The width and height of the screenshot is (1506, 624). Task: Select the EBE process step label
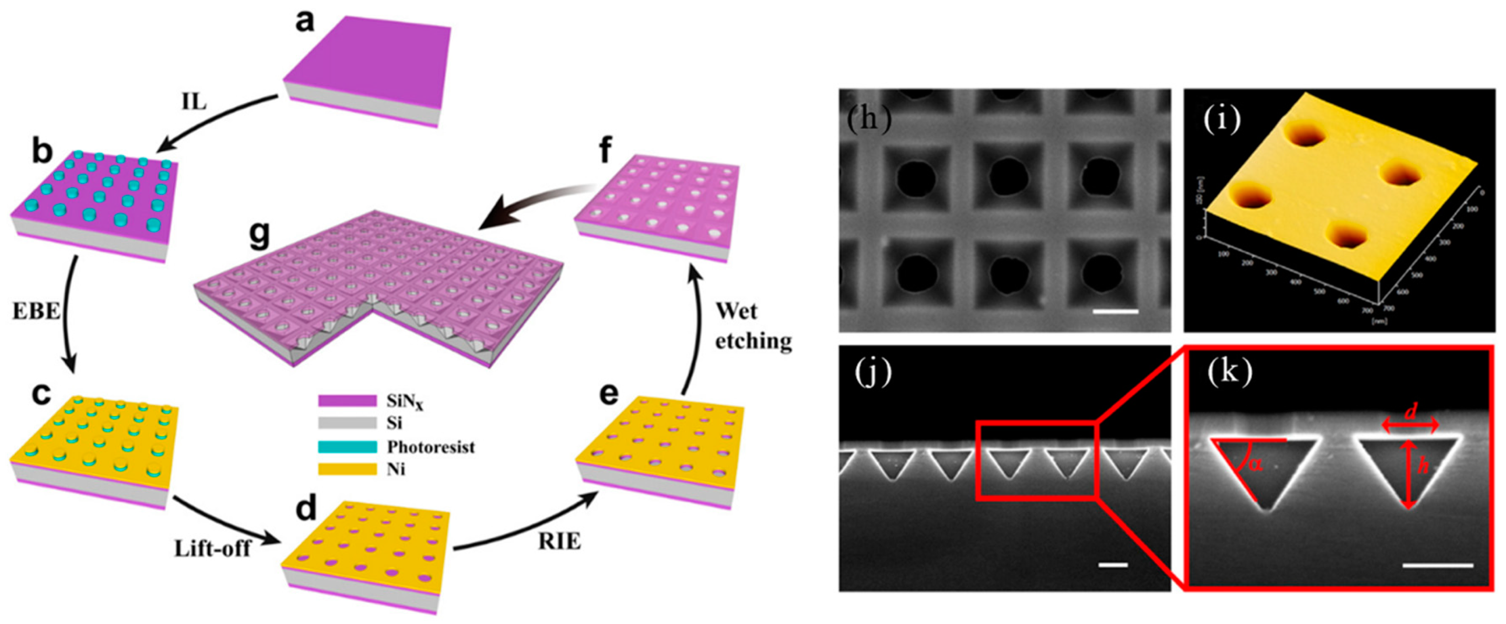click(36, 311)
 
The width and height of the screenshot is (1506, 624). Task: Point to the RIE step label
click(559, 542)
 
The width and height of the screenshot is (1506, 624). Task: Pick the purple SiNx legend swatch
click(347, 401)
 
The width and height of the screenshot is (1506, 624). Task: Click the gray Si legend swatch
click(347, 423)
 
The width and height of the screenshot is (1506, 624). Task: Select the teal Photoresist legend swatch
click(347, 447)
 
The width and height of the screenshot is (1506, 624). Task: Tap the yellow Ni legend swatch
click(347, 469)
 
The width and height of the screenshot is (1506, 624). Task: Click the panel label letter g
click(259, 235)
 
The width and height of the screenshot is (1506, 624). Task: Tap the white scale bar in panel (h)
click(1115, 311)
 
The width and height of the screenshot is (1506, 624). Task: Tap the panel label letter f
click(604, 151)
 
